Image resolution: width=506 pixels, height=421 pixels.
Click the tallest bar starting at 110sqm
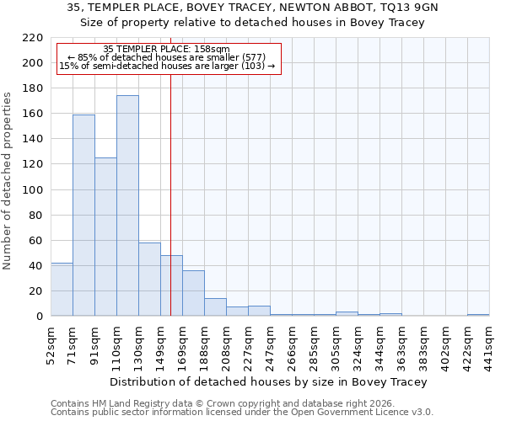[127, 205]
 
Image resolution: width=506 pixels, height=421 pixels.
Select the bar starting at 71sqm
[83, 215]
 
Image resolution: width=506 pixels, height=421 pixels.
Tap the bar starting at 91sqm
[105, 237]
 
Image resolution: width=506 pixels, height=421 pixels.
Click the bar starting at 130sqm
[149, 279]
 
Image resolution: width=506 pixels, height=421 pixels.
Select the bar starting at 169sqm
[193, 293]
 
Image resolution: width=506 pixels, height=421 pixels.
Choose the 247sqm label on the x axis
[271, 343]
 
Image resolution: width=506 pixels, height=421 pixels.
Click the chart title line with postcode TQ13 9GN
[252, 8]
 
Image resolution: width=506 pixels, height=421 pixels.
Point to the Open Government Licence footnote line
[242, 413]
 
